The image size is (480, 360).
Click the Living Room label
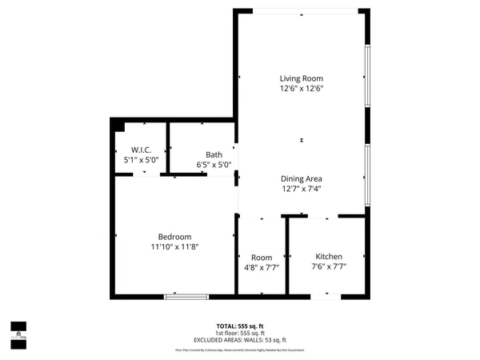pos(301,78)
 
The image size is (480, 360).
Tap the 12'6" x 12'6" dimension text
pos(301,89)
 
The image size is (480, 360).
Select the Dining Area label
pos(301,178)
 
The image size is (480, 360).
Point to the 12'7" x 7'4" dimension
pos(301,189)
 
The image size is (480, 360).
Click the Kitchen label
pos(329,256)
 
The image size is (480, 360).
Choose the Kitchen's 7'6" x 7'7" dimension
pos(329,266)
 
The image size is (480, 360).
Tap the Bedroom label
pos(174,237)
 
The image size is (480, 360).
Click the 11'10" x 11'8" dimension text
pos(174,247)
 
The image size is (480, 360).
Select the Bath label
pos(214,155)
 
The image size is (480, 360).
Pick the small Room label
pos(262,257)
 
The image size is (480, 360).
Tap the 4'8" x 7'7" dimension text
pos(262,267)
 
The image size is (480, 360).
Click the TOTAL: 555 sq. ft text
pos(240,326)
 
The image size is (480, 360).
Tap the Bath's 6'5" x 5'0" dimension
pos(214,166)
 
